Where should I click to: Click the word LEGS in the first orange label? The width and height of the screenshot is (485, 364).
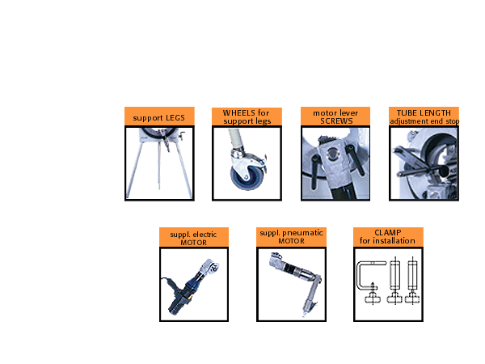[175, 118]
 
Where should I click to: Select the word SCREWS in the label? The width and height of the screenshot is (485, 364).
[336, 121]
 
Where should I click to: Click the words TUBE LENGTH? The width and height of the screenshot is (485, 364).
[424, 113]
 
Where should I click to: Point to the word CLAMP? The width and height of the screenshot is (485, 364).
[388, 232]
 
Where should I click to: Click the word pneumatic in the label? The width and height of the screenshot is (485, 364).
[302, 233]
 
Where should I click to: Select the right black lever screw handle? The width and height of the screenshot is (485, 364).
[355, 159]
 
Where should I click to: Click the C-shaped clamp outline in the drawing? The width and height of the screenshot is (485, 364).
[360, 276]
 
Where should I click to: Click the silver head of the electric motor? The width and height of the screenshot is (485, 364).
[209, 266]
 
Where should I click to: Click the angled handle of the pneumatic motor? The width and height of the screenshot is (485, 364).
[311, 295]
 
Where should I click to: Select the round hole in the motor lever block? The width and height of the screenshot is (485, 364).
[332, 153]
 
